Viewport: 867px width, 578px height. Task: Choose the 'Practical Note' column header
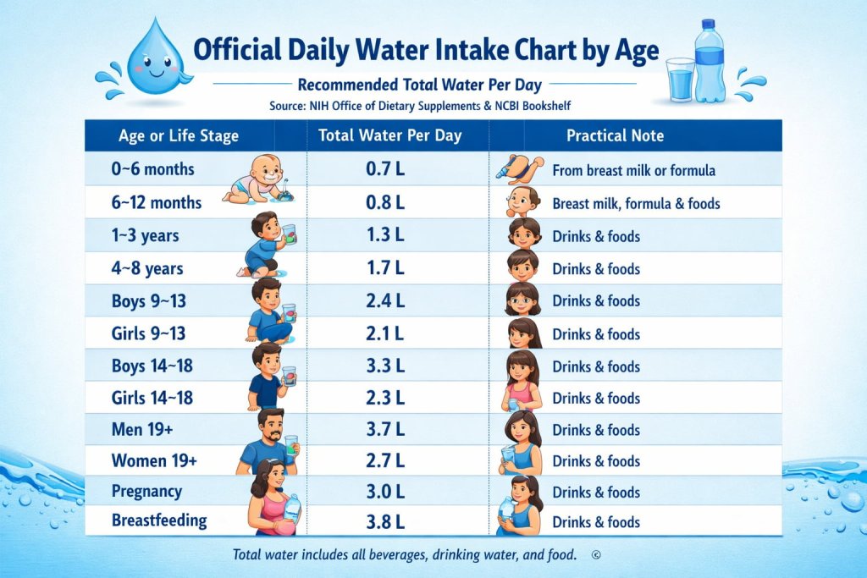tap(615, 135)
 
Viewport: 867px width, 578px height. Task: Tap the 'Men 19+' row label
tap(142, 430)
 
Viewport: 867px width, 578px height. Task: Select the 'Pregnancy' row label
tap(146, 492)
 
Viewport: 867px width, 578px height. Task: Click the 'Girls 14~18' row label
tap(152, 398)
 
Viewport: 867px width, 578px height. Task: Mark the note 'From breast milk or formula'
tap(633, 171)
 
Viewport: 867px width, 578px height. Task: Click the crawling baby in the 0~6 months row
tap(257, 182)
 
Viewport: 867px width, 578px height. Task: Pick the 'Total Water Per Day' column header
tap(390, 135)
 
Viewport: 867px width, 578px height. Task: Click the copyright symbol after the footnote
tap(596, 555)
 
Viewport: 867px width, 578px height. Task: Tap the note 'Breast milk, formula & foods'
tap(636, 203)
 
